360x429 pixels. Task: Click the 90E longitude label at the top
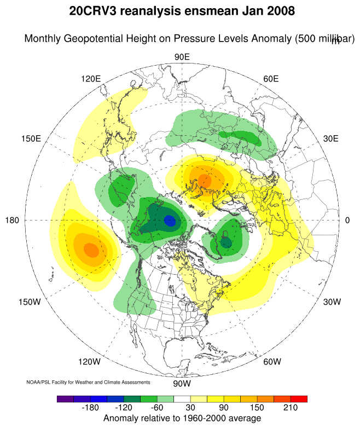click(x=182, y=57)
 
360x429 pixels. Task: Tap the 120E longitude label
click(x=91, y=78)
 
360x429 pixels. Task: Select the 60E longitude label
click(x=271, y=78)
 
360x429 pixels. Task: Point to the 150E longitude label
click(x=31, y=138)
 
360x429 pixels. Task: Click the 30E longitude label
click(x=331, y=138)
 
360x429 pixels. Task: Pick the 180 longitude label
click(x=13, y=220)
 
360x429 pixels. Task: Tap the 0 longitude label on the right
click(x=347, y=220)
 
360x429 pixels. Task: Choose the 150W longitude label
click(x=30, y=302)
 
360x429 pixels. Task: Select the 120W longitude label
click(x=89, y=362)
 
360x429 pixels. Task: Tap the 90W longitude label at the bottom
click(x=182, y=383)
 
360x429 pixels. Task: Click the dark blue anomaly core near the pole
click(x=170, y=221)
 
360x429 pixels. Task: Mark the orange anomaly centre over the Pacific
click(x=91, y=250)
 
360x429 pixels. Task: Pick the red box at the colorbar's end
click(x=300, y=399)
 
